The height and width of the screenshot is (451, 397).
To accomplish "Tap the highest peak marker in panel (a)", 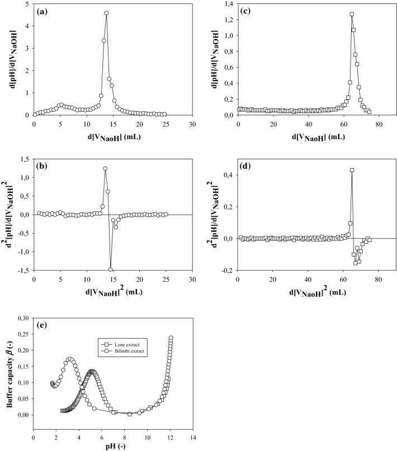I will coord(106,13).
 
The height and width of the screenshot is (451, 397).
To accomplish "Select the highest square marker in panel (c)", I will coord(352,14).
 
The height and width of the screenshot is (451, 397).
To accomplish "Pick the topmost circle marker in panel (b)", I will coord(105,168).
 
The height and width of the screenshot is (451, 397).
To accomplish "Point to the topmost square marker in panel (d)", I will coord(352,170).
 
